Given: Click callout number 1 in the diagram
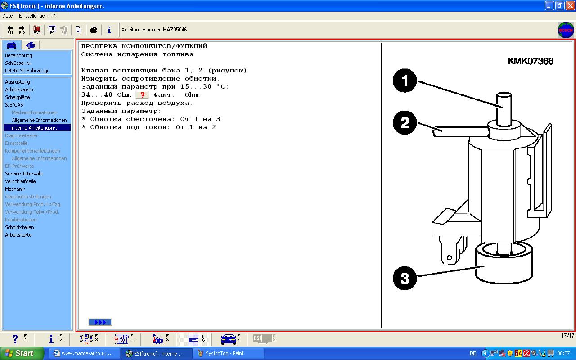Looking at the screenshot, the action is tap(405, 81).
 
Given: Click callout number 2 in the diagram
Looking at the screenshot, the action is tap(405, 122).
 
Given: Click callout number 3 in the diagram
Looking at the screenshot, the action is tap(405, 278).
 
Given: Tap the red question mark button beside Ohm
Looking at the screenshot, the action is tap(142, 95).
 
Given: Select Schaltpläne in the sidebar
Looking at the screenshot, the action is tap(18, 97).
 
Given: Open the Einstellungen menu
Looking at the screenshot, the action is tap(33, 16).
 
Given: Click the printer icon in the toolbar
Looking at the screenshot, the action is tap(94, 30).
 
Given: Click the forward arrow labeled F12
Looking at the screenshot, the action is tap(22, 30).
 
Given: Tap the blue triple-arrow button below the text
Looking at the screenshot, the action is tap(100, 322).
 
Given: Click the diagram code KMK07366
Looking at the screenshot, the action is tap(530, 61).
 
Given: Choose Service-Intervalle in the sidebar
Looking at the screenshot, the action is tap(24, 174).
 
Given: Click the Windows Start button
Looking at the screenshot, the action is tap(22, 353).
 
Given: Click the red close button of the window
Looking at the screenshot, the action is tap(570, 6).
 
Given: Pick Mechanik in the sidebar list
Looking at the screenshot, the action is tap(15, 189).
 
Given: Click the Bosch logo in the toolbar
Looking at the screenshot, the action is tap(566, 30).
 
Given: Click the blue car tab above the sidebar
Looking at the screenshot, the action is tap(12, 45).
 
